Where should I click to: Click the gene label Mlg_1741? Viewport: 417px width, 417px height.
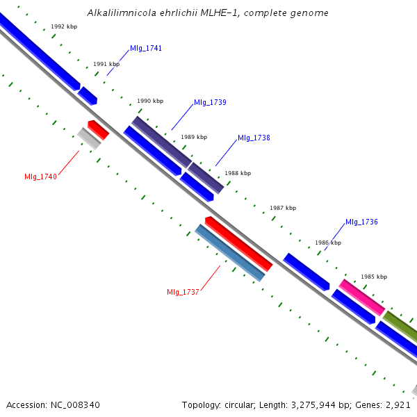(x=145, y=49)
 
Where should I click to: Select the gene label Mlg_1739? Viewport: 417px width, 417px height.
(x=210, y=102)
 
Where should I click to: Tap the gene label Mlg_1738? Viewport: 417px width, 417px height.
(x=254, y=138)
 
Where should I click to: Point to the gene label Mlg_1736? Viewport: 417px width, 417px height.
(x=361, y=222)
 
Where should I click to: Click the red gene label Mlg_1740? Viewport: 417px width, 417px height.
(x=40, y=177)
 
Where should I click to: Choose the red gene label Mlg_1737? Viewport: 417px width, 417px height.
(x=183, y=292)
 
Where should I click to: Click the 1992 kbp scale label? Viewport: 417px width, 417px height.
(x=63, y=26)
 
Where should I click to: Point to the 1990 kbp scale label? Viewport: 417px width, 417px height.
(x=150, y=101)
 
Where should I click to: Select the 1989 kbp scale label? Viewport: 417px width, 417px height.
(x=194, y=137)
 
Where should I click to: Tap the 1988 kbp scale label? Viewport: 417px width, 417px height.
(x=238, y=173)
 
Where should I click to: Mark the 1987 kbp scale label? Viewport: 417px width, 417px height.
(x=283, y=208)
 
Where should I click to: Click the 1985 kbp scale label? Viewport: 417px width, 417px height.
(x=373, y=277)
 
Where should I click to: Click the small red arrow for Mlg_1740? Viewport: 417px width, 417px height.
(x=98, y=129)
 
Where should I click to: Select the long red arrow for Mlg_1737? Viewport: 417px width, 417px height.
(x=238, y=243)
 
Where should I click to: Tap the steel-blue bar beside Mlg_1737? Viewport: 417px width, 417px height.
(x=230, y=253)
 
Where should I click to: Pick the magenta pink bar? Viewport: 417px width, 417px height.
(x=361, y=297)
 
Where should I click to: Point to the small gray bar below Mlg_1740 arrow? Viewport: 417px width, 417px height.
(x=89, y=138)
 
